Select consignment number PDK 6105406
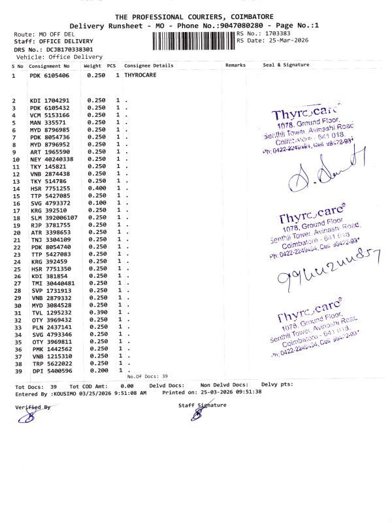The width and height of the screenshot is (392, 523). coord(50,76)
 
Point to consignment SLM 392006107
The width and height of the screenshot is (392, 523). coord(54,217)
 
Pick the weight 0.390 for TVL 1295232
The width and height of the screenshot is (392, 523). coord(96,312)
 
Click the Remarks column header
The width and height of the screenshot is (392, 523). coord(235,65)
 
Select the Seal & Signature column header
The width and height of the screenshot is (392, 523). coord(286,65)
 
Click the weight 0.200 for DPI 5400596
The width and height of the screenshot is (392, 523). coord(96,370)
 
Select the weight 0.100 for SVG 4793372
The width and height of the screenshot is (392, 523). coord(96,203)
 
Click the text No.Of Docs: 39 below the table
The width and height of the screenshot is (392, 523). coord(148,377)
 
